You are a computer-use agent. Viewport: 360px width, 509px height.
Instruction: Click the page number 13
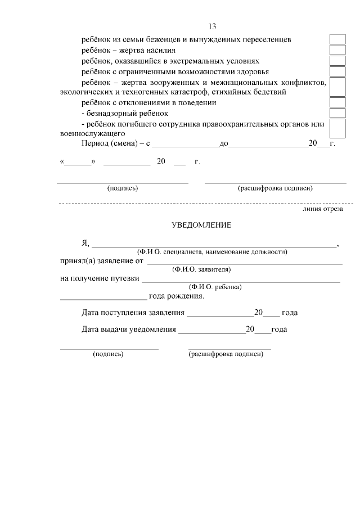[211, 26]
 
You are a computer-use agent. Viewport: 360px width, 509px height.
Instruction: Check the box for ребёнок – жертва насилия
[337, 50]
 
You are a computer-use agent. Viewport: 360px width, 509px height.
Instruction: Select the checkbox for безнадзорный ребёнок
[337, 113]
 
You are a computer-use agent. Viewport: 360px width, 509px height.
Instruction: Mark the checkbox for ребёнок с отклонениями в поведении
[337, 102]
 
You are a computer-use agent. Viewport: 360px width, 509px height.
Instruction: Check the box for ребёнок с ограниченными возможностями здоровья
[337, 71]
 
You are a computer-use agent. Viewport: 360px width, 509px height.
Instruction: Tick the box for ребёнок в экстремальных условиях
[337, 61]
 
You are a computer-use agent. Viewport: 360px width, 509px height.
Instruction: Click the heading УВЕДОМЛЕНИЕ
[201, 225]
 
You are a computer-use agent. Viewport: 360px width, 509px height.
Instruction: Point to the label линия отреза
[322, 209]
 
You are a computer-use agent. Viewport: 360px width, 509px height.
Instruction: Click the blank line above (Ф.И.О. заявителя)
[244, 262]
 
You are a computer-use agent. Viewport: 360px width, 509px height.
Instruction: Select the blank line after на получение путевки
[240, 280]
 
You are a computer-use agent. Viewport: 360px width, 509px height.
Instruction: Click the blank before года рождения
[103, 297]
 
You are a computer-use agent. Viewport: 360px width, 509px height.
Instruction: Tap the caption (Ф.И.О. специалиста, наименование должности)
[212, 251]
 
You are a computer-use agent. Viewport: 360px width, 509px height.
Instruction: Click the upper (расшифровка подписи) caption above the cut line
[275, 188]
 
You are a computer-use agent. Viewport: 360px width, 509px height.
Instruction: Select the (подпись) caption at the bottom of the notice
[108, 354]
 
